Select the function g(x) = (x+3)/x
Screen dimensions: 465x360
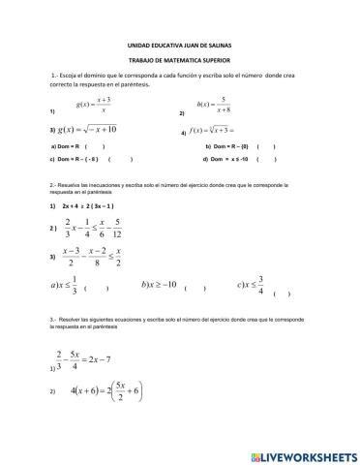click(x=93, y=105)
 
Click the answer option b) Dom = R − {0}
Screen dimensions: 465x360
click(x=229, y=147)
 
